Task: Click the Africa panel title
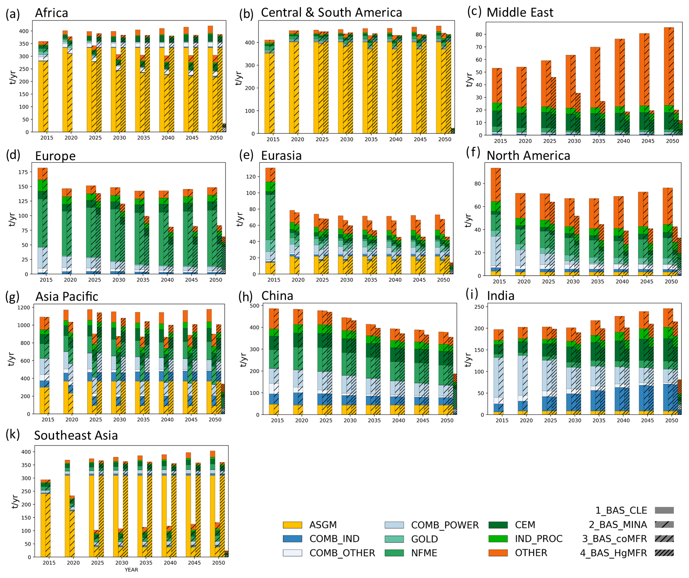[x=51, y=13]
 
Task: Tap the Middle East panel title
[x=520, y=13]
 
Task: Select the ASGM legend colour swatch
[x=292, y=525]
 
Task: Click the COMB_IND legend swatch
[x=292, y=539]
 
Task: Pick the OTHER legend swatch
[x=498, y=553]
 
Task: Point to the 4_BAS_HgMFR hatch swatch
[x=664, y=553]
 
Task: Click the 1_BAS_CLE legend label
[x=621, y=510]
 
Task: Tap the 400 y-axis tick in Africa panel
[x=24, y=31]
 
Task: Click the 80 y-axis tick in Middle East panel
[x=479, y=35]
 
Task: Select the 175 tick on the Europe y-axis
[x=23, y=172]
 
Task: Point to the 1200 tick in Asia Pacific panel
[x=23, y=307]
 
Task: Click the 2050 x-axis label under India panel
[x=672, y=420]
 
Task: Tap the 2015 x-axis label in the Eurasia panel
[x=274, y=280]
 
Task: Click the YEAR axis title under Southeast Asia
[x=131, y=570]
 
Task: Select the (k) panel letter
[x=13, y=434]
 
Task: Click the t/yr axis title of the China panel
[x=243, y=359]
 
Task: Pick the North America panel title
[x=528, y=156]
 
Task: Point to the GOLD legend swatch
[x=394, y=539]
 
